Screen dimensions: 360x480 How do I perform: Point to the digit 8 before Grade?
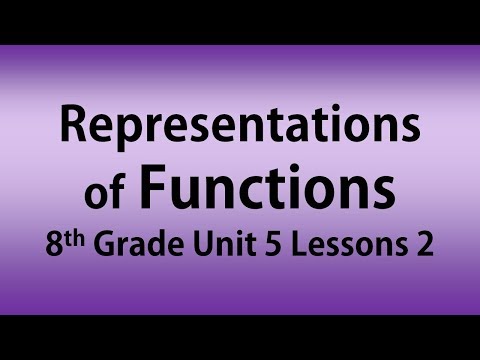(53, 243)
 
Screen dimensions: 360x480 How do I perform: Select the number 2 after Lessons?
(423, 243)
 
